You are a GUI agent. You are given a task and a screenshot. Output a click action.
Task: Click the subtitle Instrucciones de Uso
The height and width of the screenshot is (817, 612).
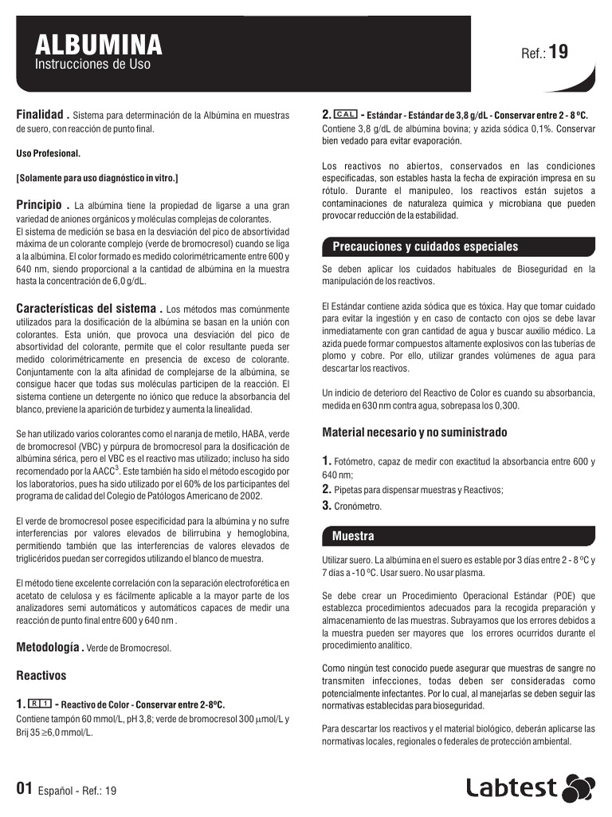[x=92, y=64]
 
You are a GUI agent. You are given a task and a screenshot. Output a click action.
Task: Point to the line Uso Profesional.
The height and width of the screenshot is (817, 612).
[x=49, y=152]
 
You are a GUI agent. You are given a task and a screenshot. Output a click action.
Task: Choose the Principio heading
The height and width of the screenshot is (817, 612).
[x=42, y=205]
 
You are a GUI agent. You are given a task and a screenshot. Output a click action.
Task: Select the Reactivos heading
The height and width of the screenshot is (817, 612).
[x=41, y=675]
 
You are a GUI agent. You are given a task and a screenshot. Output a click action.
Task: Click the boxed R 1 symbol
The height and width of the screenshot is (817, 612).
[x=40, y=704]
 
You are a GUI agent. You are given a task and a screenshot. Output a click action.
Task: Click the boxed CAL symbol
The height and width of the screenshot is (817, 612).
[x=346, y=114]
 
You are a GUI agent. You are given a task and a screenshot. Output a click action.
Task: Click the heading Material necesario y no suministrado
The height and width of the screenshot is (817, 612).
[x=414, y=432]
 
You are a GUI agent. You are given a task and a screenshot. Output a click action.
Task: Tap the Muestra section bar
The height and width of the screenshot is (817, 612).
[x=352, y=535]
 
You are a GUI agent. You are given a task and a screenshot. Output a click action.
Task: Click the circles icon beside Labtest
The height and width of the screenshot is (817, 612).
[x=579, y=787]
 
